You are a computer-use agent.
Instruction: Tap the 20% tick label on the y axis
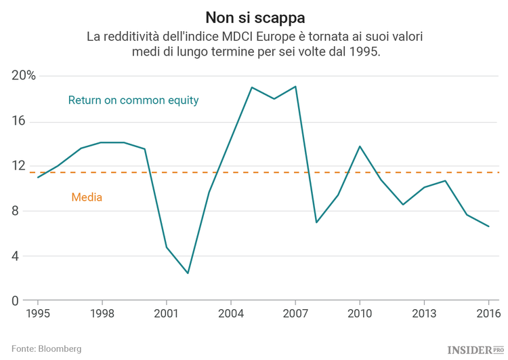coord(23,76)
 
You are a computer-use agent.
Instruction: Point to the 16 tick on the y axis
coord(18,121)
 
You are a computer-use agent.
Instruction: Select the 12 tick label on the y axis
coord(18,166)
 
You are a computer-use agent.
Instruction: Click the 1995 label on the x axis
coord(37,314)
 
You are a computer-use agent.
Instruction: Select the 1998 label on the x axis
coord(102,314)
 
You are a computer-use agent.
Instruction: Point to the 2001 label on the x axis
coord(166,314)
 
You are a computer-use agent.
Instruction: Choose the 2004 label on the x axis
coord(231,314)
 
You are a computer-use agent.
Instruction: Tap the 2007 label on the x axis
coord(295,314)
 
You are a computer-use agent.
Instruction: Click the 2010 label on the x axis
coord(360,314)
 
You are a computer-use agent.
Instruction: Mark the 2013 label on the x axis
coord(424,314)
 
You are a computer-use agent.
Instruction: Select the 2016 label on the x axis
coord(488,314)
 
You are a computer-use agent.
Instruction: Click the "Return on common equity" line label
coord(133,100)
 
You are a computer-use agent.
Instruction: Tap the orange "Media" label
coord(87,198)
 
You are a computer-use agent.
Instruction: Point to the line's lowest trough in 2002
coord(188,273)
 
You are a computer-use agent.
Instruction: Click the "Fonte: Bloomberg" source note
coord(46,348)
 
